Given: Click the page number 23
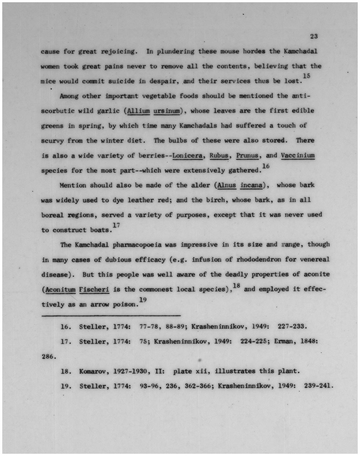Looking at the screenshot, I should pyautogui.click(x=314, y=36).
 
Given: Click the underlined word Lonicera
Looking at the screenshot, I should pyautogui.click(x=187, y=155).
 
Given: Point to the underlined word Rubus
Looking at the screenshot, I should pyautogui.click(x=219, y=155).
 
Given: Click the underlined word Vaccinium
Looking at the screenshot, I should pyautogui.click(x=298, y=155).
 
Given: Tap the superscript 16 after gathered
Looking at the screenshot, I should pyautogui.click(x=266, y=166).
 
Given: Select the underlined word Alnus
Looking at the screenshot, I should pyautogui.click(x=226, y=185).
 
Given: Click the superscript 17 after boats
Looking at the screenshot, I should pyautogui.click(x=116, y=225).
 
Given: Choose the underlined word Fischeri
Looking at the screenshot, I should pyautogui.click(x=94, y=289).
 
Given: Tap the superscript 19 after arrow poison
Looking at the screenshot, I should pyautogui.click(x=142, y=300).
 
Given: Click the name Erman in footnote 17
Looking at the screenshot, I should pyautogui.click(x=284, y=341).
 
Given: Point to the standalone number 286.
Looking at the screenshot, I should pyautogui.click(x=49, y=357).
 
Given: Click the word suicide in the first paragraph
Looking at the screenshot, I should pyautogui.click(x=121, y=81).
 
